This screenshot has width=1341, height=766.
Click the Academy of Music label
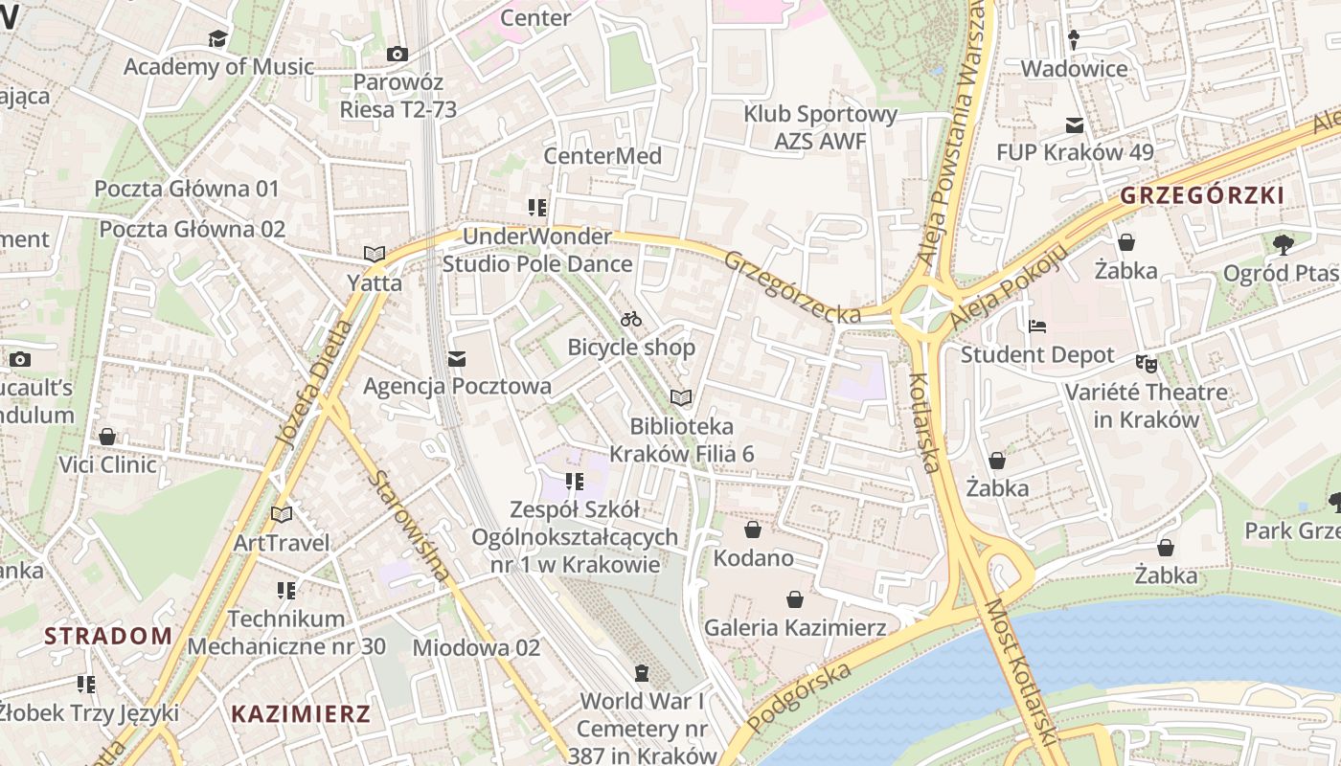(218, 67)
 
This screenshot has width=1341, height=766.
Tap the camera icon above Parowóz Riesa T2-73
(397, 55)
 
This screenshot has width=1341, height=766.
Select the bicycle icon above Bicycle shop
(631, 319)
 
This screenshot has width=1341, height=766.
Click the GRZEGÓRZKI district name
(1201, 195)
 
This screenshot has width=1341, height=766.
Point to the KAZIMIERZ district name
(301, 713)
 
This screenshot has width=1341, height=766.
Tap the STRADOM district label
(108, 636)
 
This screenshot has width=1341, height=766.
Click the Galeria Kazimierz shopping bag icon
(794, 600)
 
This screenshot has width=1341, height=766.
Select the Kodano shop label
(754, 557)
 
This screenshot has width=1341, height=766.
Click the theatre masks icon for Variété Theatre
(1146, 364)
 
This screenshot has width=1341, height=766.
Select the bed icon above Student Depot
(1037, 327)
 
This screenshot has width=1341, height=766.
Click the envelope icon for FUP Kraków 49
(1075, 125)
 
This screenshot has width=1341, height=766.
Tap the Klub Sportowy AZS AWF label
(821, 127)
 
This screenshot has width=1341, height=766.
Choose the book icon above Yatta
(374, 255)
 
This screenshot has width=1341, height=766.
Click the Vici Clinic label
(107, 464)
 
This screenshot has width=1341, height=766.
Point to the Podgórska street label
(798, 698)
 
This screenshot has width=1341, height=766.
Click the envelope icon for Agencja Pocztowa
(457, 359)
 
